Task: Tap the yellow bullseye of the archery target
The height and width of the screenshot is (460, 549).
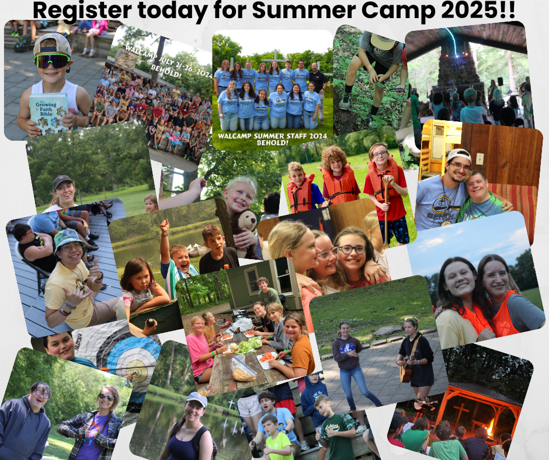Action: (136, 368)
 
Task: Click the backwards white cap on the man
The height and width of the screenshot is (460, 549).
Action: (458, 155)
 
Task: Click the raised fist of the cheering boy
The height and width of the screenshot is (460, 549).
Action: (165, 225)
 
